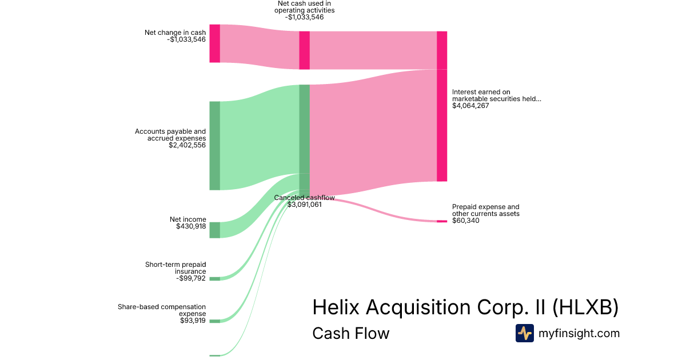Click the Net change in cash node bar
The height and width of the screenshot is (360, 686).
214,43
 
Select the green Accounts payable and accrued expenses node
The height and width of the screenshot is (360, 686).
214,145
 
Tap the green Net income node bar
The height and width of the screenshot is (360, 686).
214,230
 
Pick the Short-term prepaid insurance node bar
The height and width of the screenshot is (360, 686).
214,279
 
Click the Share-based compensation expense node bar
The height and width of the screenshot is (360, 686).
214,321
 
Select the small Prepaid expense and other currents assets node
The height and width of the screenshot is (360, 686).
442,221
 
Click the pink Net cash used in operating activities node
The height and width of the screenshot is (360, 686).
305,50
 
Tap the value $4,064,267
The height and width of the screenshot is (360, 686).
470,106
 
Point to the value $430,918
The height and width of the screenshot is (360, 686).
191,226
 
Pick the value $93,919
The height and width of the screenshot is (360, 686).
193,321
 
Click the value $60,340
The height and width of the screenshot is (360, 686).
466,221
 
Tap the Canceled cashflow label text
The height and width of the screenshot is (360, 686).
304,198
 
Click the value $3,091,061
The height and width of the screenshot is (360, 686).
304,205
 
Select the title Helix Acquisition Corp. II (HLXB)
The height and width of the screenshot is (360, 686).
465,307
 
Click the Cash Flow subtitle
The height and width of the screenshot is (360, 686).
350,334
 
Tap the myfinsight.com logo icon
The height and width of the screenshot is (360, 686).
524,333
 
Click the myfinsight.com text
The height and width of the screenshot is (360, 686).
579,334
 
